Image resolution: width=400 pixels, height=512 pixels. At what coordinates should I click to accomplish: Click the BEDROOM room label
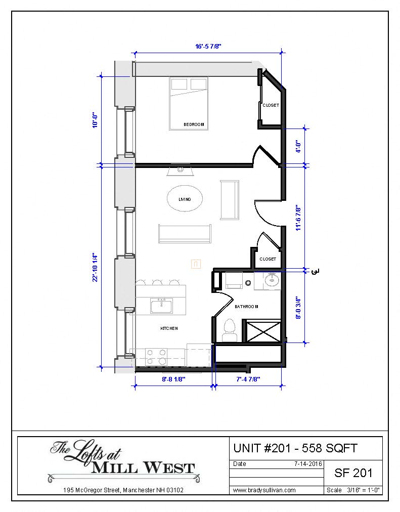(x=194, y=124)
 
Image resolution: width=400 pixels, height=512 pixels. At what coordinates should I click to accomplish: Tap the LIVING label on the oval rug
(x=185, y=199)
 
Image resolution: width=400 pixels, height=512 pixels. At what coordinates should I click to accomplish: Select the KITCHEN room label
(x=169, y=328)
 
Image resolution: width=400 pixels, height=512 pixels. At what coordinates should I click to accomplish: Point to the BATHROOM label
(x=246, y=307)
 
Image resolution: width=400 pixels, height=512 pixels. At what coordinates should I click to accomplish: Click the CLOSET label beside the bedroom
(x=271, y=105)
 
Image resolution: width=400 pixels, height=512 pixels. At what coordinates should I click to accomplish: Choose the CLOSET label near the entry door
(x=268, y=259)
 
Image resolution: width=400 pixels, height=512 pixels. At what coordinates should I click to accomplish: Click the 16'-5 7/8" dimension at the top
(x=208, y=46)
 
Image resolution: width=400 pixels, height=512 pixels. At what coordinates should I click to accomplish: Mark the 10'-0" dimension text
(x=95, y=120)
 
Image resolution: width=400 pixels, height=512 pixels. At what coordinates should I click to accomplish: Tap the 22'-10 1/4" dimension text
(x=95, y=267)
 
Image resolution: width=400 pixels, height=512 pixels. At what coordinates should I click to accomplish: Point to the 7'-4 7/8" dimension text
(x=248, y=379)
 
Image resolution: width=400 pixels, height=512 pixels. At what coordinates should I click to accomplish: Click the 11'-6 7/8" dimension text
(x=298, y=218)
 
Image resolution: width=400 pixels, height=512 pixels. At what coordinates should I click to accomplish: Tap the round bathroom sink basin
(x=272, y=280)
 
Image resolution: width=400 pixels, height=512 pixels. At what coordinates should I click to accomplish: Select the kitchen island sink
(x=161, y=306)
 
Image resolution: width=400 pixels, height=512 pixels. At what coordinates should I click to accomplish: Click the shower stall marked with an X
(x=262, y=331)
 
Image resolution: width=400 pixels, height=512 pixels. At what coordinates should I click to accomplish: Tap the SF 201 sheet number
(x=353, y=473)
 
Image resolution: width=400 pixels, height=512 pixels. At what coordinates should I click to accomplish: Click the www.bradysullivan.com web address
(x=264, y=490)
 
